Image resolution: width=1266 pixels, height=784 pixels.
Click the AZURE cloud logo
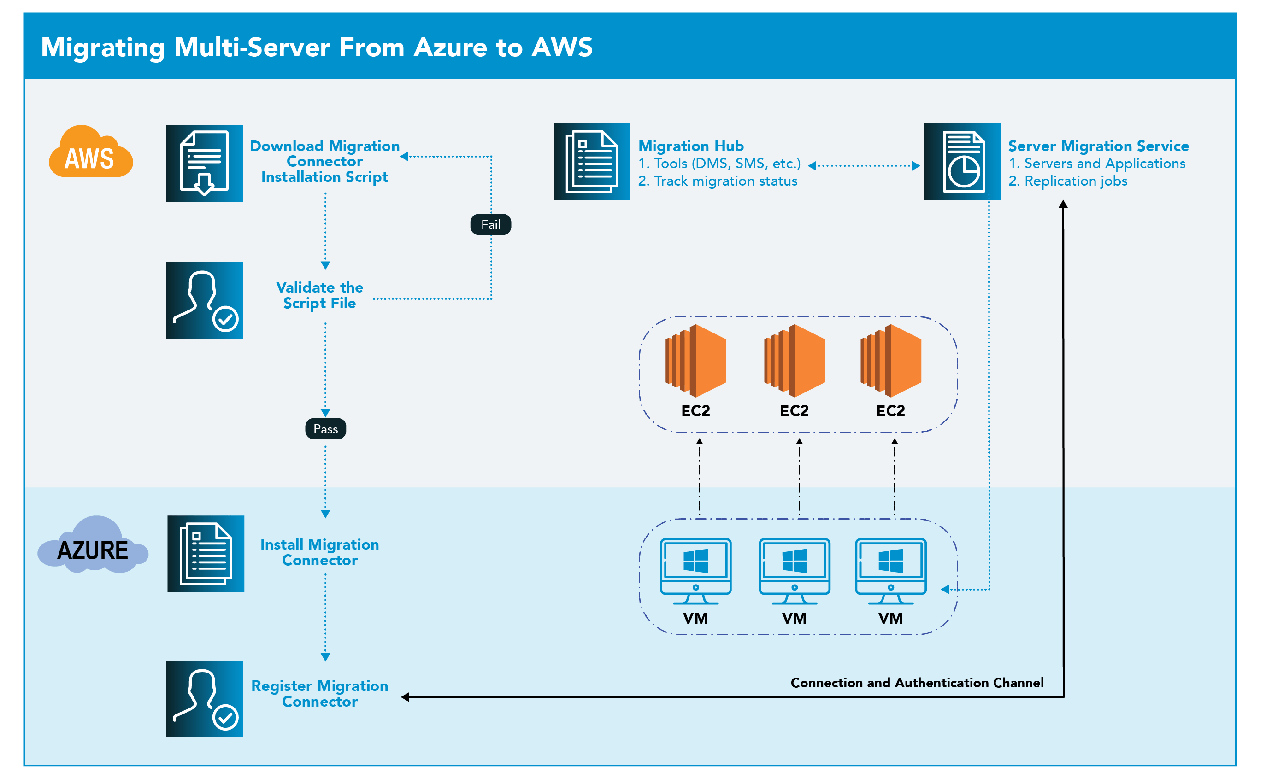(x=92, y=547)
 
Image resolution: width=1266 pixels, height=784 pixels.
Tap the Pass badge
(x=325, y=429)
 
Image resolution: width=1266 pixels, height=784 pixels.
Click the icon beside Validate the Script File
(x=204, y=300)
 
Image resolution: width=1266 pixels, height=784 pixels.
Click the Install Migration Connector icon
(x=206, y=554)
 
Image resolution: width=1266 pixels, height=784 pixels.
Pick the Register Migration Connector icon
(x=204, y=698)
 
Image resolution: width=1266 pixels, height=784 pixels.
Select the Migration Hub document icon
(x=592, y=162)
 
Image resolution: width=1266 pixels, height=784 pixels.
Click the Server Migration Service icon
(x=962, y=162)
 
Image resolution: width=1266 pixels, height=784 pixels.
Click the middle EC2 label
(x=794, y=411)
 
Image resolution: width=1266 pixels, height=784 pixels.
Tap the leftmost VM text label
(x=695, y=619)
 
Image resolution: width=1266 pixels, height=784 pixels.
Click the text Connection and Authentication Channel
(x=917, y=683)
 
